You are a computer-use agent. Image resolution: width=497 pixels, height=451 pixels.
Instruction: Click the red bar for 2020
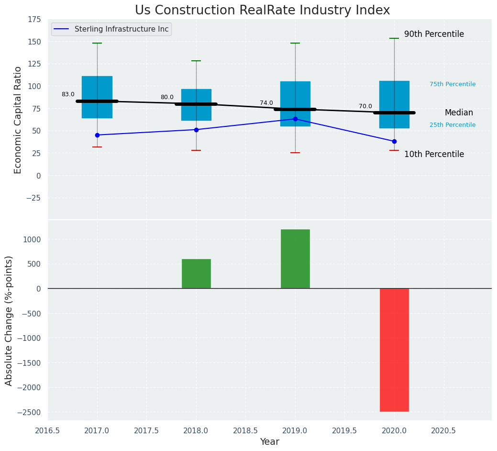[394, 350]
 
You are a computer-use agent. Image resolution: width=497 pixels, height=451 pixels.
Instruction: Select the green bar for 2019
[295, 259]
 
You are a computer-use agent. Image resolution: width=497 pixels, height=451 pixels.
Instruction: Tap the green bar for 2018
[196, 273]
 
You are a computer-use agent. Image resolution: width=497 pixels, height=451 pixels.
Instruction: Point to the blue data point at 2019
[295, 119]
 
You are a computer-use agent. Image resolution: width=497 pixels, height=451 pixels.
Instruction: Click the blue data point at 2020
[394, 141]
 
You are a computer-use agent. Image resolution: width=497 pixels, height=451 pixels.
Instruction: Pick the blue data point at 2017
[97, 135]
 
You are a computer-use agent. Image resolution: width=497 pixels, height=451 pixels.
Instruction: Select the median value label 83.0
[68, 94]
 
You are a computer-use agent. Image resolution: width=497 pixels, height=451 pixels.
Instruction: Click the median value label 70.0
[365, 106]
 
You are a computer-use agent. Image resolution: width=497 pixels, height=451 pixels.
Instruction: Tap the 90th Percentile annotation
[434, 34]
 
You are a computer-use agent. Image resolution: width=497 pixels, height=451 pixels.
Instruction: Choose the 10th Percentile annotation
[434, 154]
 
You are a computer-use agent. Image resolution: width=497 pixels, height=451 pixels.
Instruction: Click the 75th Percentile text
[453, 84]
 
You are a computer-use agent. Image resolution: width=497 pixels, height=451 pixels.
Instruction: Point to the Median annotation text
[459, 113]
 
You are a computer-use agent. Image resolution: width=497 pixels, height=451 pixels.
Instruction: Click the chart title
[262, 11]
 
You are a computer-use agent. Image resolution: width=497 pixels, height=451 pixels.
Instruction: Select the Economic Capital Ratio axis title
[18, 120]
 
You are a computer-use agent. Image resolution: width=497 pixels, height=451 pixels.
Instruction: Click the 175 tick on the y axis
[34, 20]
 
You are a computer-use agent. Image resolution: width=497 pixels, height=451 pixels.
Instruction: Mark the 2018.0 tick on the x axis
[196, 430]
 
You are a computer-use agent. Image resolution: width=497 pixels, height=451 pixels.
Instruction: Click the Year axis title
[270, 442]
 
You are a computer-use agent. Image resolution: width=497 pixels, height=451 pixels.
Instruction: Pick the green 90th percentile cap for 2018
[196, 61]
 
